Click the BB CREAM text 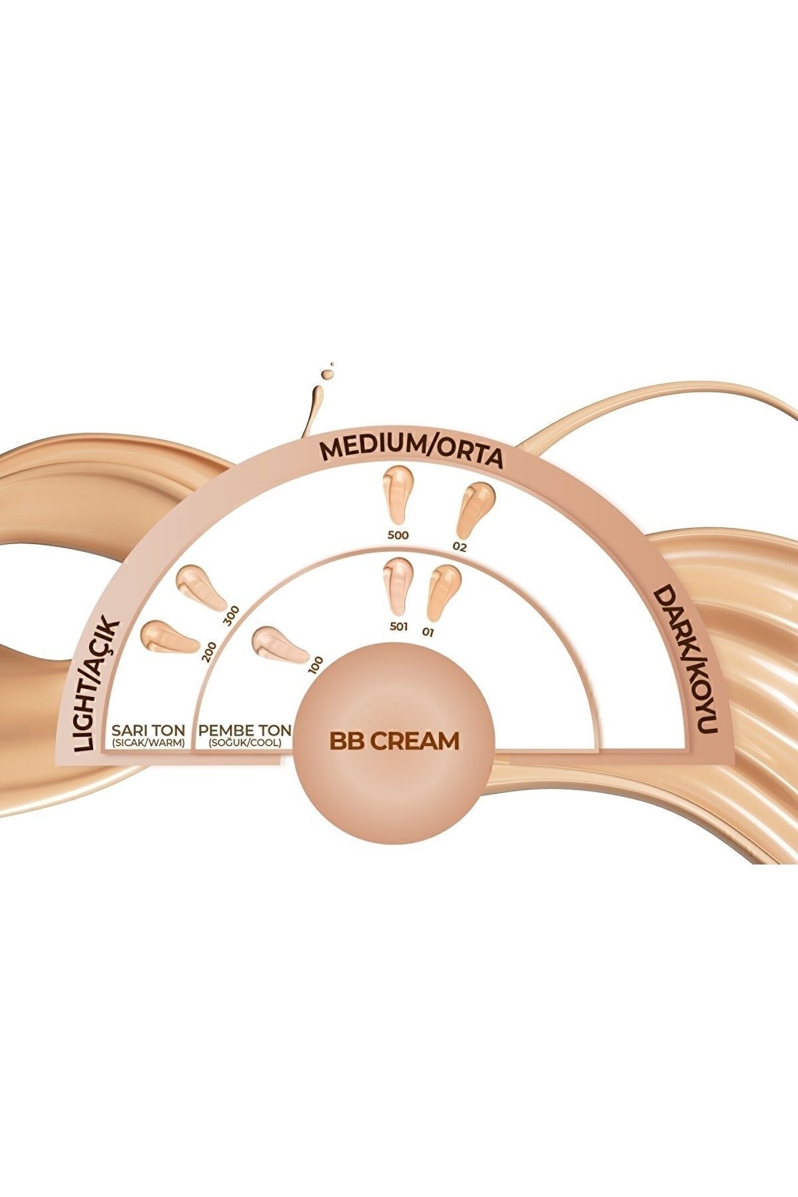tap(394, 741)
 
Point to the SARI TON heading tap(148, 729)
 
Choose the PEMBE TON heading tap(244, 729)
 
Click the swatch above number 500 tap(397, 493)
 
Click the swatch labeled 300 tap(199, 586)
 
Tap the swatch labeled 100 tap(278, 645)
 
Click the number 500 tap(398, 535)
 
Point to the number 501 tap(399, 627)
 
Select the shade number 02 tap(459, 548)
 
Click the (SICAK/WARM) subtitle tap(148, 743)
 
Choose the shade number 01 tap(427, 631)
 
